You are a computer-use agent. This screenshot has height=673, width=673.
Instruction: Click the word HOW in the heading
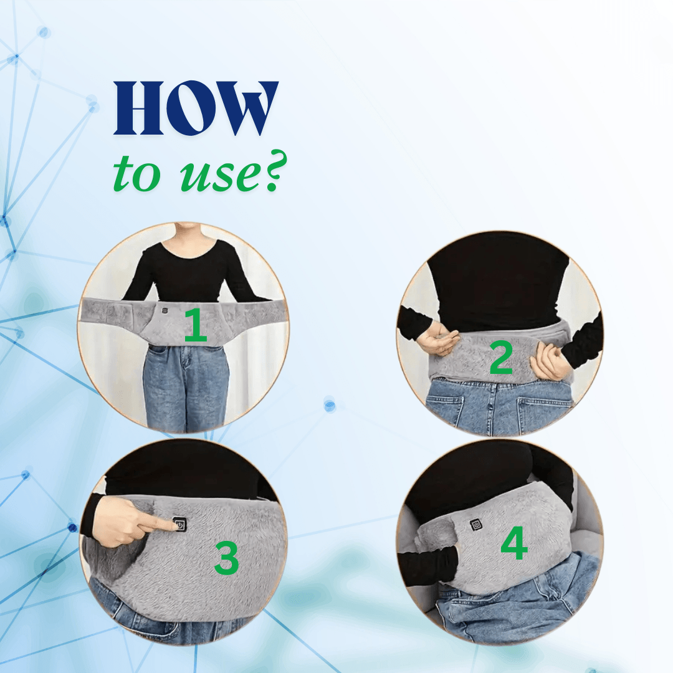196,108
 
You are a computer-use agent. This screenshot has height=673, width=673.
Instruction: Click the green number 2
500,358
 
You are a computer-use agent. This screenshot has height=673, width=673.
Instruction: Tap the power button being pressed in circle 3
179,525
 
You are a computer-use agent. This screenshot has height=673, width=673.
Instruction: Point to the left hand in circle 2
438,340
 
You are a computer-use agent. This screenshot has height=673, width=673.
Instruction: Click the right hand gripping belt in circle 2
550,361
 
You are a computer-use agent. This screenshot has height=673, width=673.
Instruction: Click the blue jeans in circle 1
185,386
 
